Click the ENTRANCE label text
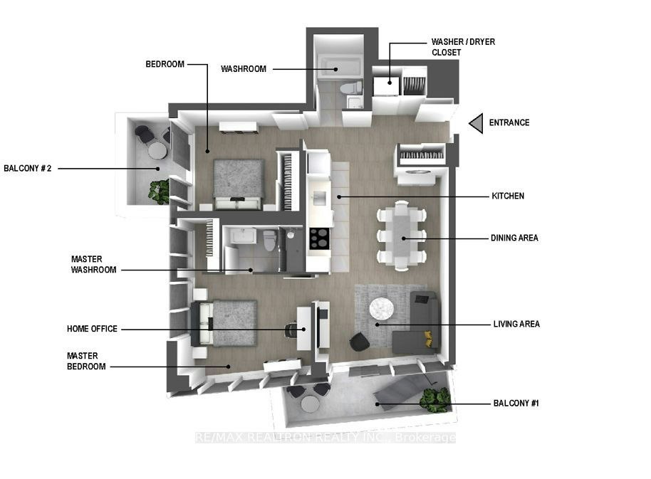click(x=509, y=122)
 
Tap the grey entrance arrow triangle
click(x=477, y=123)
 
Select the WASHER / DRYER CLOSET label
click(x=463, y=47)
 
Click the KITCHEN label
click(x=508, y=196)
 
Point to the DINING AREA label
click(x=514, y=238)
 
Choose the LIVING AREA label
click(x=516, y=325)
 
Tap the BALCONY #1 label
click(x=516, y=403)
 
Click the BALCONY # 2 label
click(x=27, y=169)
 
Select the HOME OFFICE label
click(x=92, y=329)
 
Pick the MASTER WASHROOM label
click(x=93, y=265)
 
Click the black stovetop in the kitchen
click(x=319, y=239)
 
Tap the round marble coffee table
click(x=382, y=309)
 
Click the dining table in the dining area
click(x=402, y=236)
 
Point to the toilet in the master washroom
click(x=269, y=241)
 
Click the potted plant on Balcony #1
click(x=434, y=400)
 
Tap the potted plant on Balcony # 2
click(x=159, y=191)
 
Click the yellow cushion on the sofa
click(x=429, y=339)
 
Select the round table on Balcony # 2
click(x=157, y=151)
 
